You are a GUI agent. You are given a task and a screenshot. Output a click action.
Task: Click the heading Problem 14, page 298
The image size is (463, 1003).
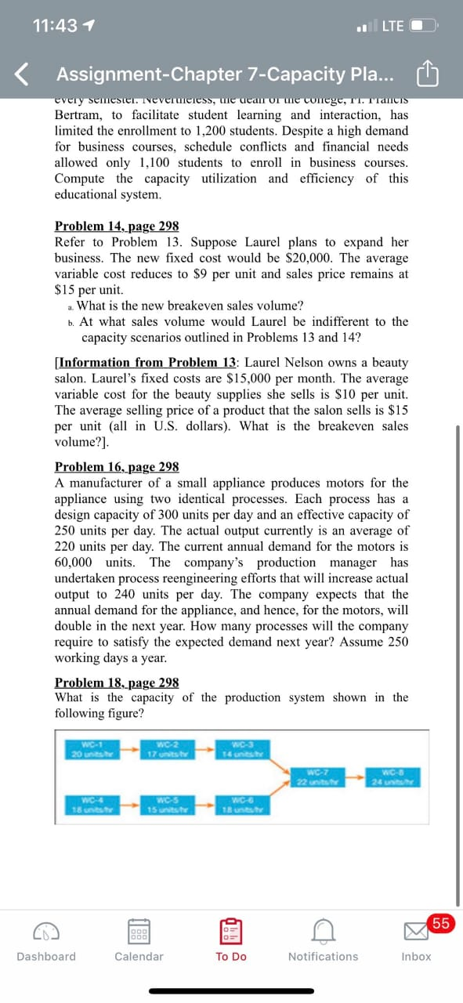[x=117, y=226]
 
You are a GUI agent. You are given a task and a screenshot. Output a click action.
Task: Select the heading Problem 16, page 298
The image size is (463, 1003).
[x=117, y=467]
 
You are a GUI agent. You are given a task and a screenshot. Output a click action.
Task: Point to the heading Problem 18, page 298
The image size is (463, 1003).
[x=117, y=682]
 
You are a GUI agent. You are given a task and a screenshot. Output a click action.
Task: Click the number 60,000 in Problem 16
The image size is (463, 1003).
[x=73, y=563]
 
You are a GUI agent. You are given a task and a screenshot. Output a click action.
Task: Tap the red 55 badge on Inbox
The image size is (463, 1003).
[x=441, y=923]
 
